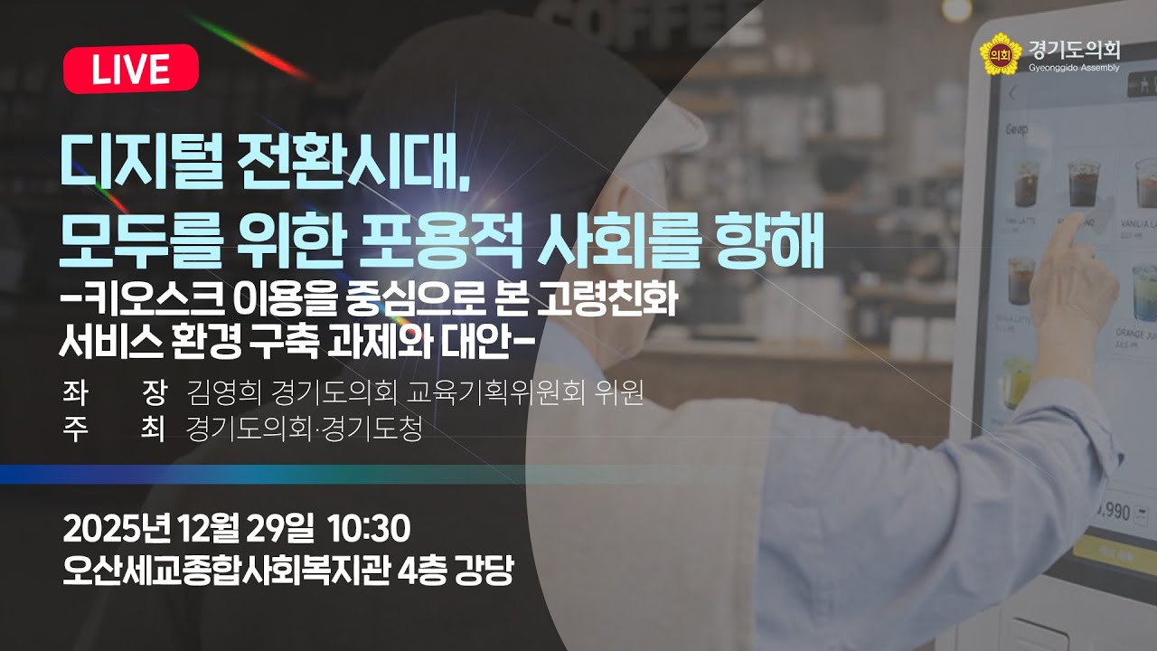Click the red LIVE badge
coord(131,69)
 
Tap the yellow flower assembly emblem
coord(999,53)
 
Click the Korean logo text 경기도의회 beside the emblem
coord(1074,49)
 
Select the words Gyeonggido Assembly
coord(1074,68)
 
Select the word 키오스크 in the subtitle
coord(135,297)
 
